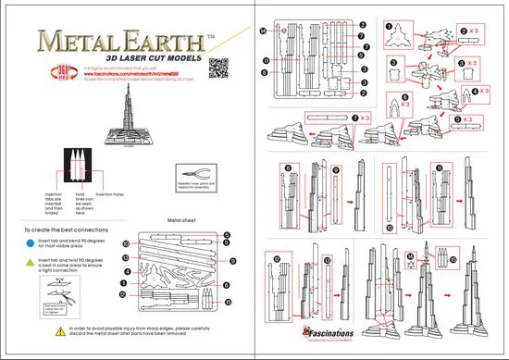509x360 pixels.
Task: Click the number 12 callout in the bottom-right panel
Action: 277,258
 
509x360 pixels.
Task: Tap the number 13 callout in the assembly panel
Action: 328,261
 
